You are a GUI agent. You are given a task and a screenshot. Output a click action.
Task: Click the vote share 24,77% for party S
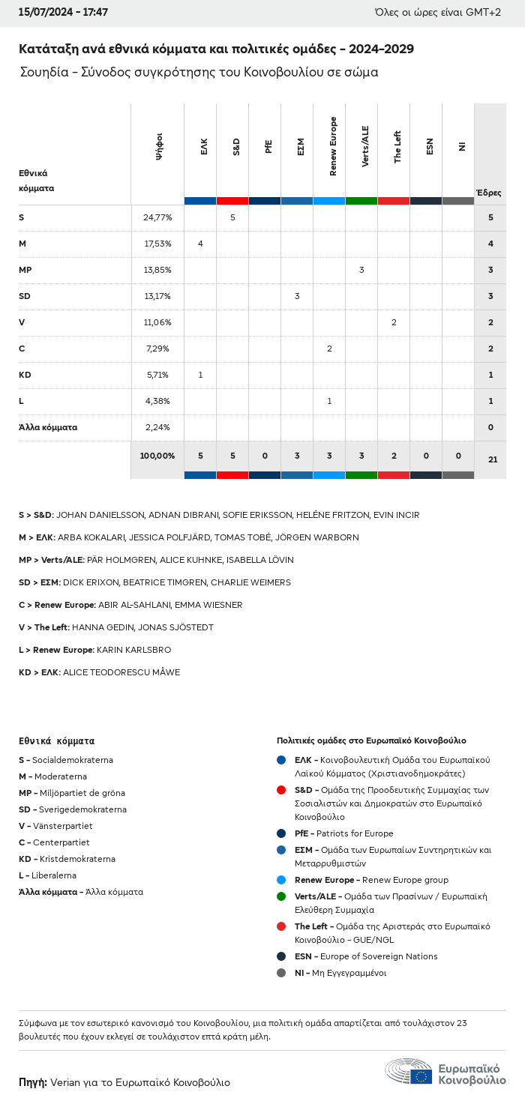(157, 217)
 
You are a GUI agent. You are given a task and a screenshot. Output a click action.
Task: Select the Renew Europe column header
(333, 147)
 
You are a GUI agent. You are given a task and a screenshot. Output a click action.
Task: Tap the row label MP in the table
(25, 270)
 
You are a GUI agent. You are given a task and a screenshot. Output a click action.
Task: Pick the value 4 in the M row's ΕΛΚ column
(200, 244)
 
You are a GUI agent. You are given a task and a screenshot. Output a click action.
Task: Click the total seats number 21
(493, 459)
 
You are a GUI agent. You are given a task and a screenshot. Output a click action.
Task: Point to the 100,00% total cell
(157, 456)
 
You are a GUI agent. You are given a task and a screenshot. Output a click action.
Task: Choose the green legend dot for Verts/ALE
(281, 896)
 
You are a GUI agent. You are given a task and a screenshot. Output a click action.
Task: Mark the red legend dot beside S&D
(281, 790)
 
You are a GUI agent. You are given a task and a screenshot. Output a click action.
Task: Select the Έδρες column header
(489, 193)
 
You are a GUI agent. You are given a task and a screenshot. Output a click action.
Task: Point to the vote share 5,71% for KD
(157, 375)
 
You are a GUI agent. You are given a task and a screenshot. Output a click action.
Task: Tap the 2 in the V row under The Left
(394, 322)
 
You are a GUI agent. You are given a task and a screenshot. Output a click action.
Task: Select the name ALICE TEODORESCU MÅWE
(121, 672)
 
